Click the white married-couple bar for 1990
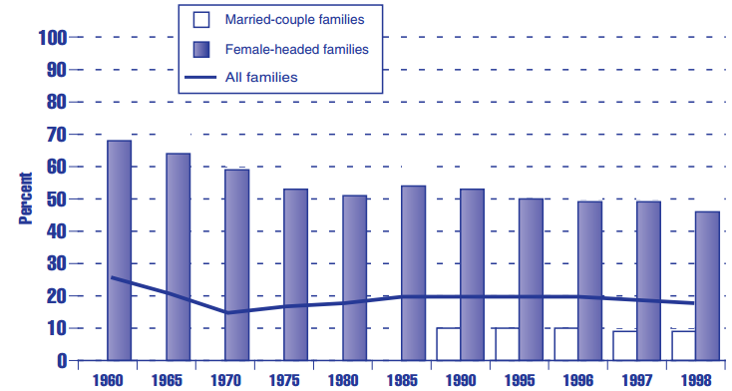click(449, 344)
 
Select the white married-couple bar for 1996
click(566, 344)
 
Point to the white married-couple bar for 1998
click(683, 346)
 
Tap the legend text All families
click(261, 76)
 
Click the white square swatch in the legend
click(201, 19)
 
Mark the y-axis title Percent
click(27, 198)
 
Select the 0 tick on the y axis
click(61, 360)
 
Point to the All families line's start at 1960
click(111, 277)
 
